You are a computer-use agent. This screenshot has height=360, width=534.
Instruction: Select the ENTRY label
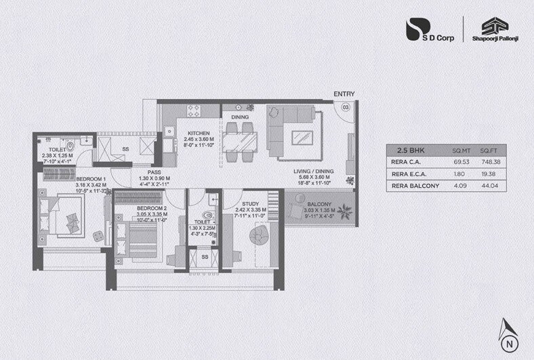(x=344, y=94)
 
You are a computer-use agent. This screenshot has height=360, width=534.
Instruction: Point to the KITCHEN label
(x=198, y=134)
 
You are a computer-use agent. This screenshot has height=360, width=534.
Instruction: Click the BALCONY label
(x=319, y=204)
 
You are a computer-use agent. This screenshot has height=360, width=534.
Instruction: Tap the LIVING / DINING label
(x=311, y=172)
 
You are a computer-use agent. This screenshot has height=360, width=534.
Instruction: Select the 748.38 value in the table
(x=489, y=163)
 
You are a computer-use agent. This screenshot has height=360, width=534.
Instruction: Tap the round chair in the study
(x=259, y=237)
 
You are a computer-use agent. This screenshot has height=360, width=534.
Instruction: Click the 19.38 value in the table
(x=489, y=174)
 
